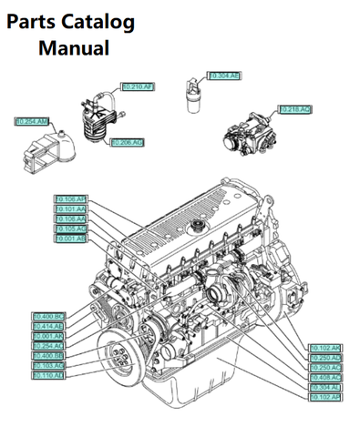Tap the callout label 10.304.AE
point(224,76)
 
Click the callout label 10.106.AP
point(70,198)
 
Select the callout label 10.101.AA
point(70,208)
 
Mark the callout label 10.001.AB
point(70,239)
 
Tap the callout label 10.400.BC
point(47,316)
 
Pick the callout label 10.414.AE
point(47,326)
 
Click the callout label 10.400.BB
point(47,355)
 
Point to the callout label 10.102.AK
point(325,348)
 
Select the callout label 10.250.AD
point(325,358)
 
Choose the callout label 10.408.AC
point(325,377)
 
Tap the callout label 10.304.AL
point(325,387)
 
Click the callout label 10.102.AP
point(325,397)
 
